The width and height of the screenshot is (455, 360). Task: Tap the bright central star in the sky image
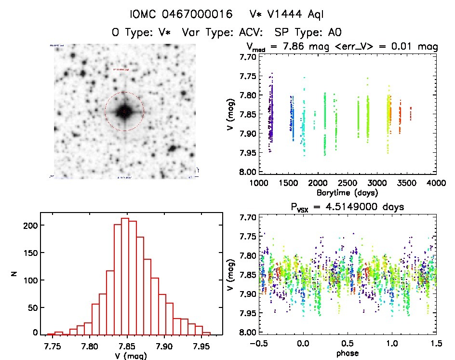(124, 111)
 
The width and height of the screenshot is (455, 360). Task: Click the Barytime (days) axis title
(347, 193)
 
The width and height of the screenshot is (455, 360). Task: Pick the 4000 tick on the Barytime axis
(436, 184)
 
